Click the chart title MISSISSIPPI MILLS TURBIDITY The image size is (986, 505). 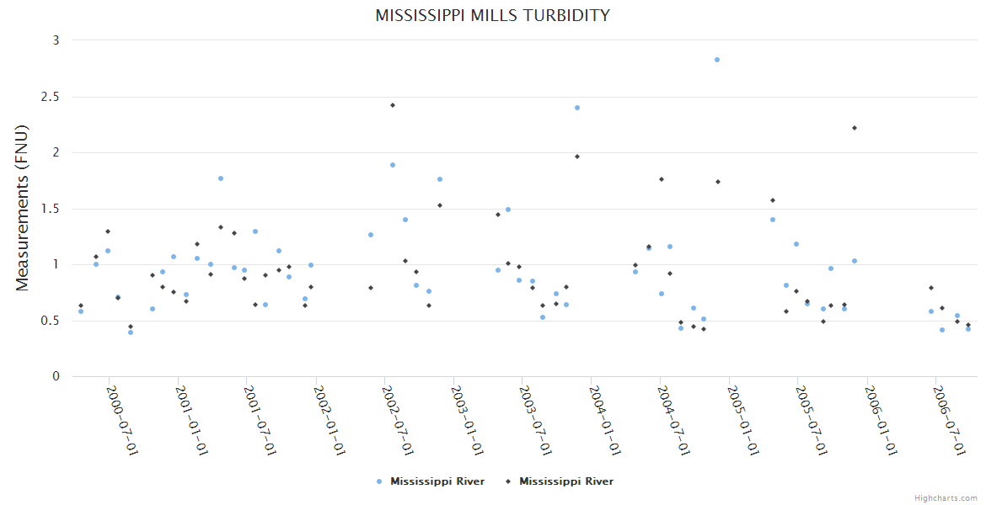click(x=492, y=15)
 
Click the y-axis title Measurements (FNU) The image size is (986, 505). click(x=23, y=208)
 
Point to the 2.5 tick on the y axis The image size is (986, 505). click(x=52, y=97)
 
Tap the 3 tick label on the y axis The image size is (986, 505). click(x=56, y=40)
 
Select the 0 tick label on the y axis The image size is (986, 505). click(x=56, y=376)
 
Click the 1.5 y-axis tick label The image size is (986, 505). click(x=52, y=209)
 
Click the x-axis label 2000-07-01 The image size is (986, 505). click(x=121, y=420)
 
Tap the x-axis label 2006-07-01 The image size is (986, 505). click(x=950, y=420)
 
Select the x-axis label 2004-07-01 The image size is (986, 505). click(x=673, y=420)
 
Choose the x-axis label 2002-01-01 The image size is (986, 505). click(x=329, y=420)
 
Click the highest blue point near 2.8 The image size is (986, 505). click(x=717, y=60)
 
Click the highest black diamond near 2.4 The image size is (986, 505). click(x=393, y=105)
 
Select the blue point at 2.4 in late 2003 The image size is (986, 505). click(x=577, y=108)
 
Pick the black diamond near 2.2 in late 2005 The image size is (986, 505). click(x=855, y=128)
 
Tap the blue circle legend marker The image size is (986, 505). click(x=379, y=481)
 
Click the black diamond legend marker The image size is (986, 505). click(x=508, y=481)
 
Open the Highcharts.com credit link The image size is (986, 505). click(x=946, y=498)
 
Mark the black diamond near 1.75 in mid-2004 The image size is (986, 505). click(x=662, y=179)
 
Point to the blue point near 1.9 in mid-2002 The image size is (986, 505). click(x=393, y=165)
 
